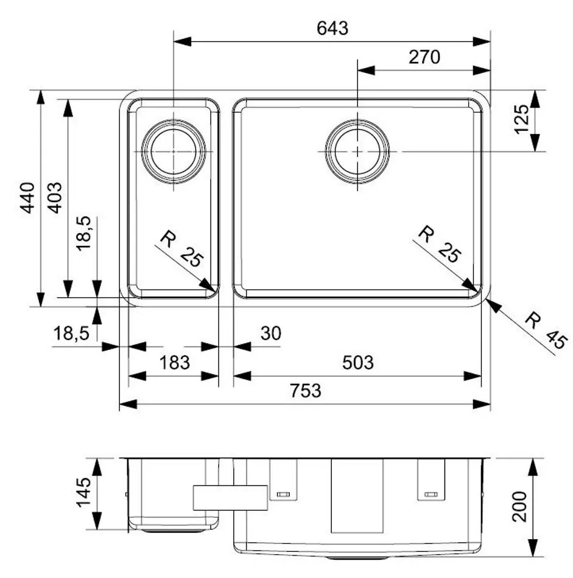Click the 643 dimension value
click(x=332, y=28)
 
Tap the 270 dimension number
click(x=424, y=57)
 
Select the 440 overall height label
click(x=27, y=198)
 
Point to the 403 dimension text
click(x=55, y=198)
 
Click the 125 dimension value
click(x=521, y=119)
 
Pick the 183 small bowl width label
click(x=175, y=363)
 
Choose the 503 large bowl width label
click(x=358, y=363)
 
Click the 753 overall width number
click(x=306, y=391)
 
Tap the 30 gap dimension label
click(x=271, y=333)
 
